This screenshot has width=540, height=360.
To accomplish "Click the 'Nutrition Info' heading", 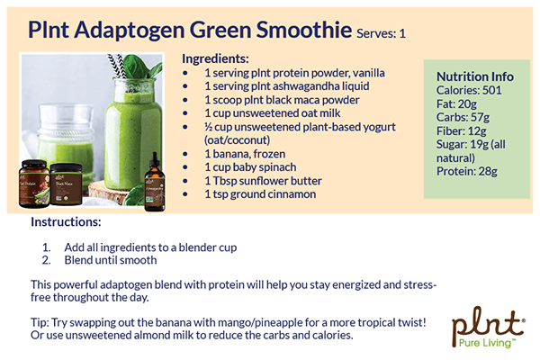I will click(474, 76).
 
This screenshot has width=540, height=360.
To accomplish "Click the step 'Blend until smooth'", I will click(111, 260).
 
